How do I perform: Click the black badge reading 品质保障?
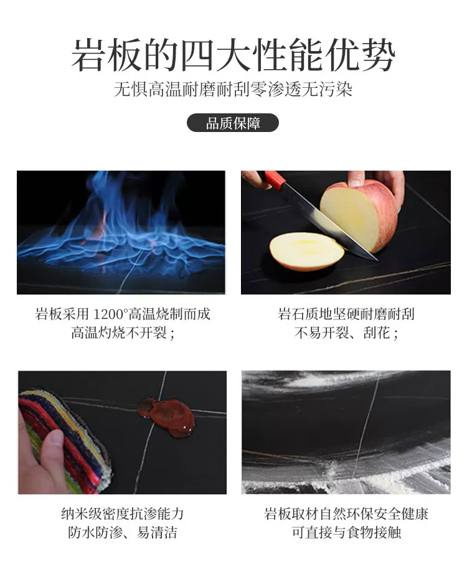click(233, 123)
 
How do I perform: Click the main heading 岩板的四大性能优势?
click(233, 55)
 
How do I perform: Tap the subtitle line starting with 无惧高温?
click(233, 89)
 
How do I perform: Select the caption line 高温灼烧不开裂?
click(123, 333)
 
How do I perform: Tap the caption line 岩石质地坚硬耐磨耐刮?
click(346, 314)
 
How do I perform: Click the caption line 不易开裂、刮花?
click(346, 333)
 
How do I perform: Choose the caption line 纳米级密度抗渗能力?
click(123, 513)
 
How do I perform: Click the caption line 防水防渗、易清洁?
click(123, 532)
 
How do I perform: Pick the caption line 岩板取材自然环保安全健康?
click(346, 513)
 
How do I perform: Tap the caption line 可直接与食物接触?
click(346, 532)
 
